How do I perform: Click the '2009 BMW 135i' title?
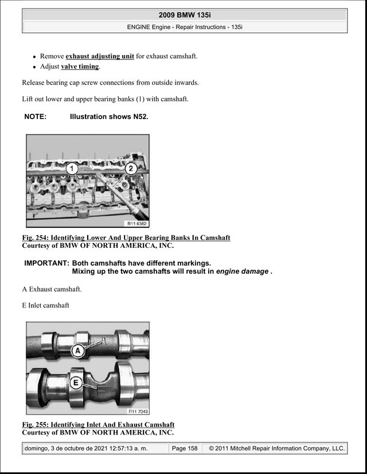click(x=185, y=15)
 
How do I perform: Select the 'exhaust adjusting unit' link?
click(x=100, y=56)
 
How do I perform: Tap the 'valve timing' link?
click(x=80, y=66)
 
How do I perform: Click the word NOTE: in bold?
click(x=36, y=117)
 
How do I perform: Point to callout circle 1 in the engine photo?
click(x=72, y=169)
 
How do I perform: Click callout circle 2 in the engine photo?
click(x=131, y=168)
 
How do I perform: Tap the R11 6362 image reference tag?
click(x=136, y=224)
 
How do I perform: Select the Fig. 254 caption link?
click(x=126, y=238)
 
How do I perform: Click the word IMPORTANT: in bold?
click(x=47, y=263)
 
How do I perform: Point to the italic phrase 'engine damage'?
click(x=242, y=271)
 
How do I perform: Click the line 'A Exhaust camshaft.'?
click(x=52, y=289)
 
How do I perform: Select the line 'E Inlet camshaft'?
click(x=45, y=305)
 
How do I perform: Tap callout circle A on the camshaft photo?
click(x=78, y=351)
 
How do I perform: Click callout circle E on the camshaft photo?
click(x=76, y=383)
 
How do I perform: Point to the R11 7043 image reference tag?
click(x=138, y=411)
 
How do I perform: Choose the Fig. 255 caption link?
click(x=98, y=425)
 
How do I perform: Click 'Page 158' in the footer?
click(x=185, y=448)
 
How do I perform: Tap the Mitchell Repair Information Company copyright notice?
click(x=277, y=448)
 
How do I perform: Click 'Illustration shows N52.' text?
click(x=109, y=117)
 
